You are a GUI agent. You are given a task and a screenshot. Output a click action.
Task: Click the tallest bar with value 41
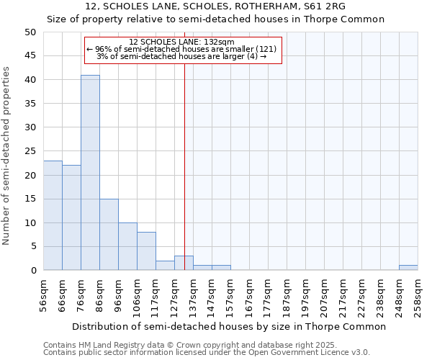[x=90, y=173]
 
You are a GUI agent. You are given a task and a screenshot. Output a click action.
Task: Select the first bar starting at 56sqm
[x=53, y=215]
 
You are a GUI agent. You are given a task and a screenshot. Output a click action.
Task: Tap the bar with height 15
[x=109, y=235]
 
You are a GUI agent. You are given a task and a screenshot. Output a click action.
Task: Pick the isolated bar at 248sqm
[x=408, y=268]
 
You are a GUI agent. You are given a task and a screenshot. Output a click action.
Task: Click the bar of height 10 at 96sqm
[x=127, y=246]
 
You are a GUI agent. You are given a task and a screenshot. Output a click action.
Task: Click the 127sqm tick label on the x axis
[x=174, y=295]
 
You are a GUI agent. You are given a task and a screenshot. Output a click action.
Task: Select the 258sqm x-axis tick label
[x=418, y=295]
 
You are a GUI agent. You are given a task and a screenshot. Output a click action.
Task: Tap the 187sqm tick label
[x=287, y=295]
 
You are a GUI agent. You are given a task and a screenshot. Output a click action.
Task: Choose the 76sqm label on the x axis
[x=81, y=295]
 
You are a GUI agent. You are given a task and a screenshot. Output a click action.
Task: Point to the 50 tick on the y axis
[x=30, y=32]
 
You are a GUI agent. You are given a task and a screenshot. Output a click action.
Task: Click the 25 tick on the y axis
[x=30, y=151]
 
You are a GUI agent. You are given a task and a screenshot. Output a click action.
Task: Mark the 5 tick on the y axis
[x=33, y=246]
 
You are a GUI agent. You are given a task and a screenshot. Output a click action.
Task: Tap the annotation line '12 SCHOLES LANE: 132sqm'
[x=181, y=42]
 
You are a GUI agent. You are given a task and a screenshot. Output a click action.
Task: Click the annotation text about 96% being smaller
[x=181, y=49]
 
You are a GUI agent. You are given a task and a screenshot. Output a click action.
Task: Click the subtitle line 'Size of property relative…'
[x=216, y=19]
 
